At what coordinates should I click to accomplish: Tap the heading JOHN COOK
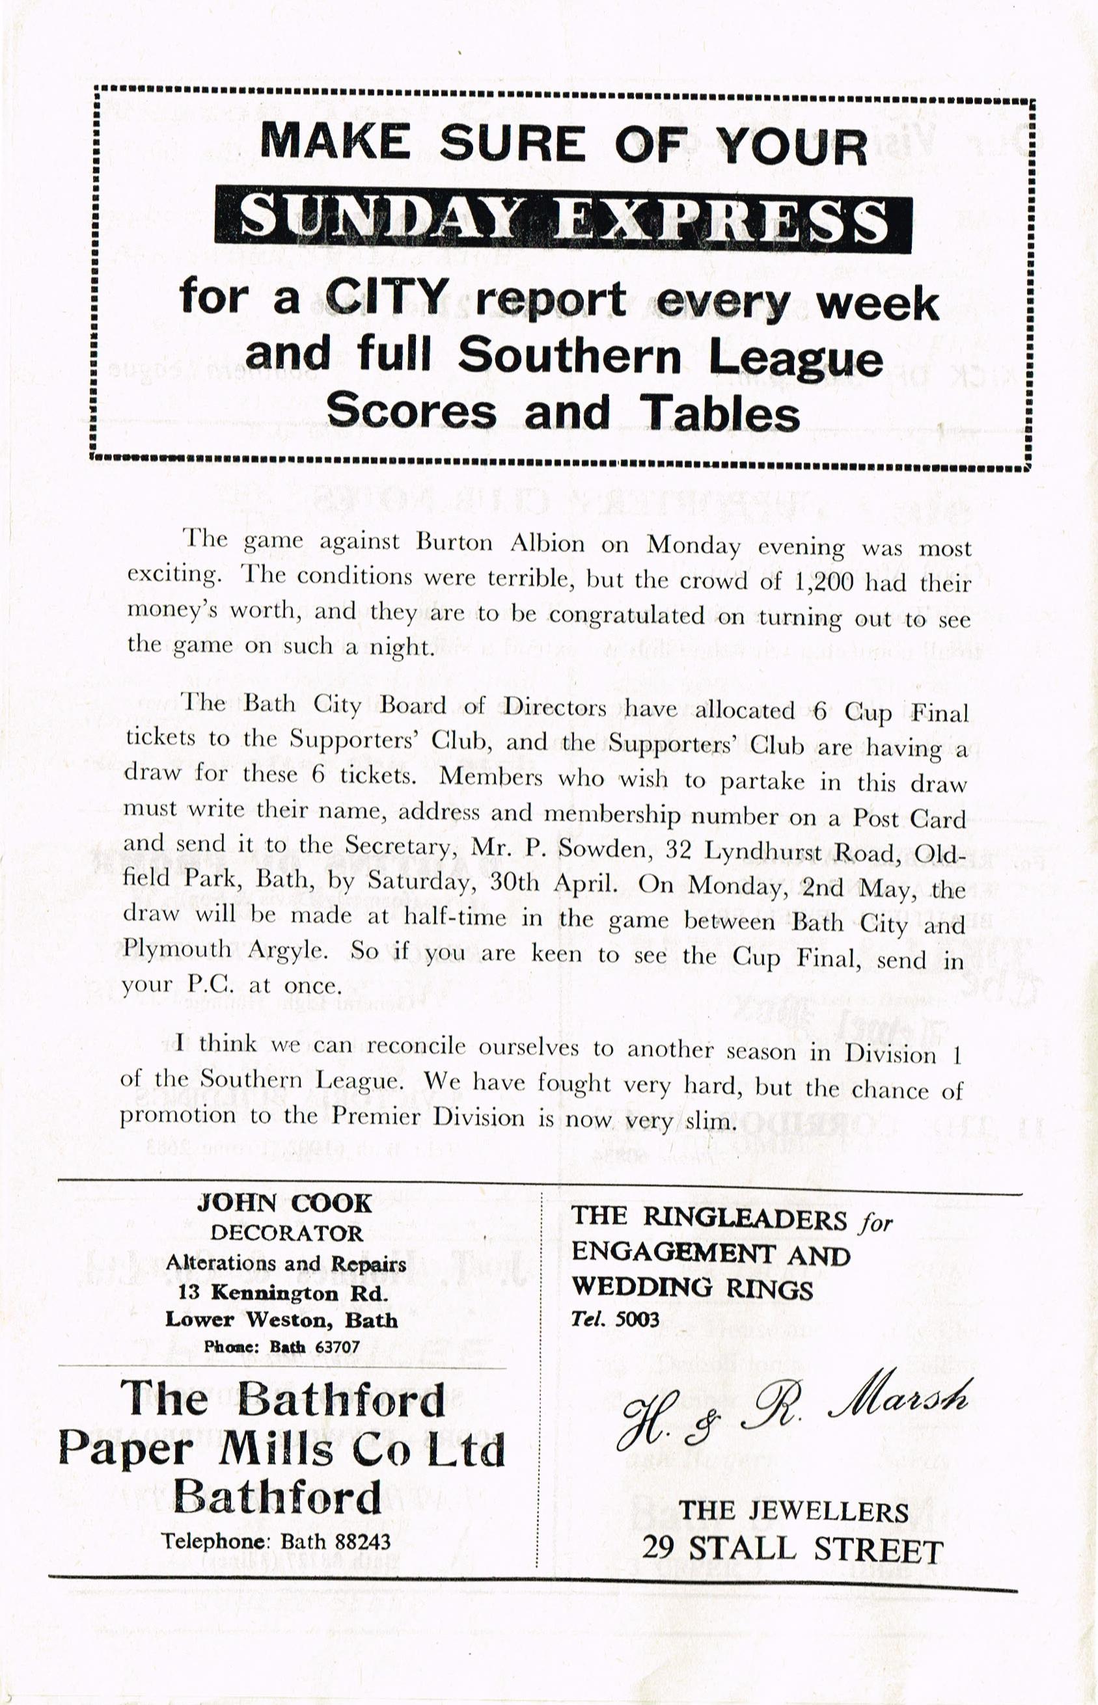pos(284,1203)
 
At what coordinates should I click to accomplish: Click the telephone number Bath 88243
pos(336,1541)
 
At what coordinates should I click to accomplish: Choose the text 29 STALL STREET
pos(792,1550)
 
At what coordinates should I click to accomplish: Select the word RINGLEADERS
pos(745,1218)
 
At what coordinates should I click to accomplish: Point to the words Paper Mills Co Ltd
pos(281,1449)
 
